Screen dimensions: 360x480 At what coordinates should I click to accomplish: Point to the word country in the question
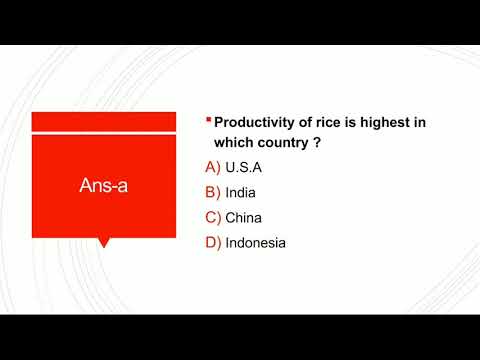pos(290,143)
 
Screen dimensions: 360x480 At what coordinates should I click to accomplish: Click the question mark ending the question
pos(329,143)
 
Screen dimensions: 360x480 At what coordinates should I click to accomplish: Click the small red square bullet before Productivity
pos(207,120)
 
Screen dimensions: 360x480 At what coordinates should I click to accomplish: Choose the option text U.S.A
pos(244,167)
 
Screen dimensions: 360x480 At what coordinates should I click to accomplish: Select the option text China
pos(244,217)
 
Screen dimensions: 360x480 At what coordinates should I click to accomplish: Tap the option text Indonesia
pos(256,242)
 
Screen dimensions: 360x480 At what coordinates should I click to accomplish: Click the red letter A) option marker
pos(212,167)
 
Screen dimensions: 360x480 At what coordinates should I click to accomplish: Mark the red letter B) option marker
pos(212,192)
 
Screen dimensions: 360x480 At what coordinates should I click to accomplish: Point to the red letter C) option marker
pos(212,217)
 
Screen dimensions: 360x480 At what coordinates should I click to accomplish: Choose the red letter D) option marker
pos(212,242)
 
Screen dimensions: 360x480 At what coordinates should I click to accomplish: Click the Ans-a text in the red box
pos(104,186)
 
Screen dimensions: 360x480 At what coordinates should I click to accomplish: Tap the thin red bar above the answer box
pos(104,121)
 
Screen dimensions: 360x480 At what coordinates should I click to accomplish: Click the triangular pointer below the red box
pos(104,242)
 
